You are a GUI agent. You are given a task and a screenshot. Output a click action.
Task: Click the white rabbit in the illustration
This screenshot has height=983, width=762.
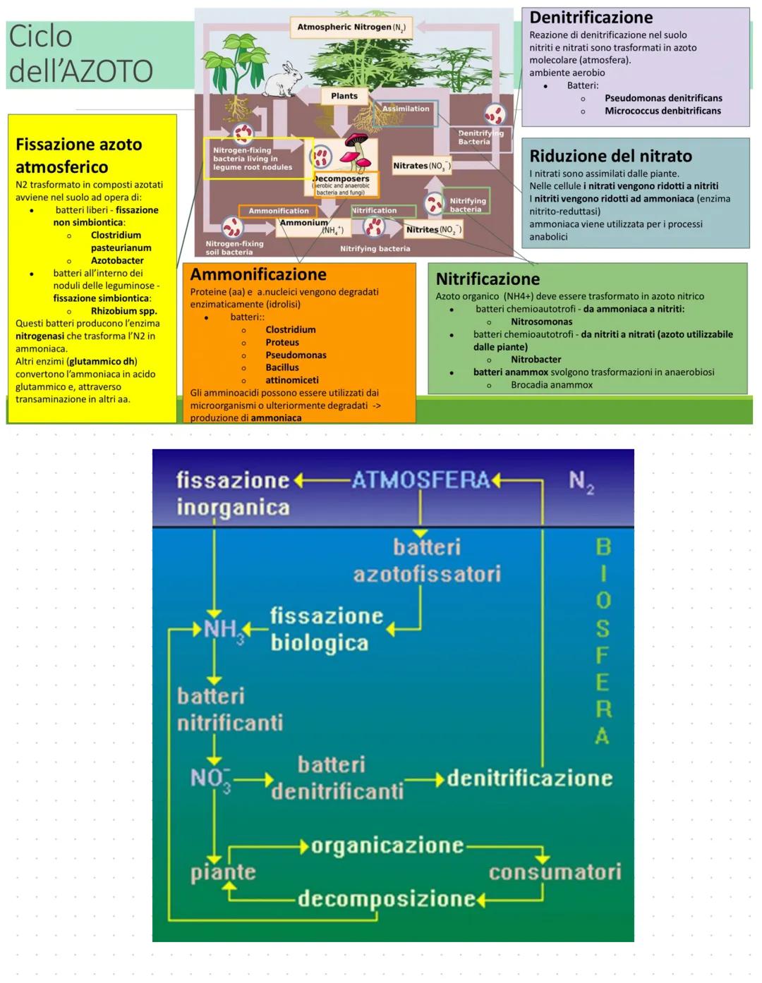click(287, 80)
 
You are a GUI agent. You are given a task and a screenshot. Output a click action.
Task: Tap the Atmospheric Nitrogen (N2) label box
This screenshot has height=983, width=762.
click(351, 27)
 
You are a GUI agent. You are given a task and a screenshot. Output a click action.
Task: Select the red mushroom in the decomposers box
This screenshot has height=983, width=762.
click(356, 150)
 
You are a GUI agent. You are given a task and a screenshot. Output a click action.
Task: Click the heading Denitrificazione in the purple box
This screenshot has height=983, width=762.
click(591, 18)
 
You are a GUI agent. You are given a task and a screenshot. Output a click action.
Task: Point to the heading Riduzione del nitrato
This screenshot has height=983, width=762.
click(610, 156)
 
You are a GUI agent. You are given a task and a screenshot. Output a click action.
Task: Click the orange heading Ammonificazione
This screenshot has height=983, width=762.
click(258, 274)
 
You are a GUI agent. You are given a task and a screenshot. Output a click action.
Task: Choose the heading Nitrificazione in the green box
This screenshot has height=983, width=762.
click(488, 279)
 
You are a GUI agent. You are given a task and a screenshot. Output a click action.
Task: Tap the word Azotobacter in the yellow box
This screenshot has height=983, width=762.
click(117, 260)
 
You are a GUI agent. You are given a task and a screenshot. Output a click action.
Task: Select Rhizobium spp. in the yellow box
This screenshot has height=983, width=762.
click(123, 311)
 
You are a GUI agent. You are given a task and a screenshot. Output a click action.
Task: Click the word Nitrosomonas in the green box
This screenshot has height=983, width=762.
click(541, 322)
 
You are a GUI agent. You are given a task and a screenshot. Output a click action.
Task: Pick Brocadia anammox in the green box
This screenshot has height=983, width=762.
click(551, 385)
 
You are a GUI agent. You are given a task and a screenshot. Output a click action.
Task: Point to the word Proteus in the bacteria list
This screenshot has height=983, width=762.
click(282, 342)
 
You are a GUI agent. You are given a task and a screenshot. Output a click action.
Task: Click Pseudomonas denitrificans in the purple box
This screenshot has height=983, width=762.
click(663, 98)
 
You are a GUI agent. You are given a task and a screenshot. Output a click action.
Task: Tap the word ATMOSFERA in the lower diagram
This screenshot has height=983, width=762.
click(421, 480)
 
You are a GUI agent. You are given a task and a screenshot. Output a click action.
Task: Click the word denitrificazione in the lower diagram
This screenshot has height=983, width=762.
click(529, 779)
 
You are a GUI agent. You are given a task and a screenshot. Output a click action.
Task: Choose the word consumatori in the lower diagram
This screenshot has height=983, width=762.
click(555, 872)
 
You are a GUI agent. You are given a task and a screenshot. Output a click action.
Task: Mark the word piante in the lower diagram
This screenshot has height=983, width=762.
click(223, 873)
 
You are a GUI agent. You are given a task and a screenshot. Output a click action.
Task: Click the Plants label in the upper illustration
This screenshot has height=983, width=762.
click(344, 96)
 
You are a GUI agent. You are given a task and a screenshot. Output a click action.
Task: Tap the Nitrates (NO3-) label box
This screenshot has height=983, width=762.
click(421, 166)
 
